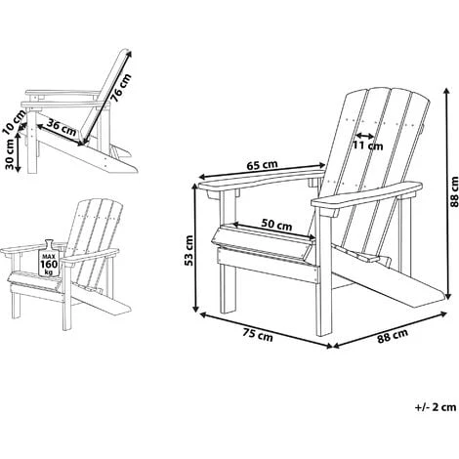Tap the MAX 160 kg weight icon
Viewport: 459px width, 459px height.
(48, 258)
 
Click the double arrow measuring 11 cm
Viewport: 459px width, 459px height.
(366, 134)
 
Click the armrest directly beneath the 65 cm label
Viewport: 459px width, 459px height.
(259, 182)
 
